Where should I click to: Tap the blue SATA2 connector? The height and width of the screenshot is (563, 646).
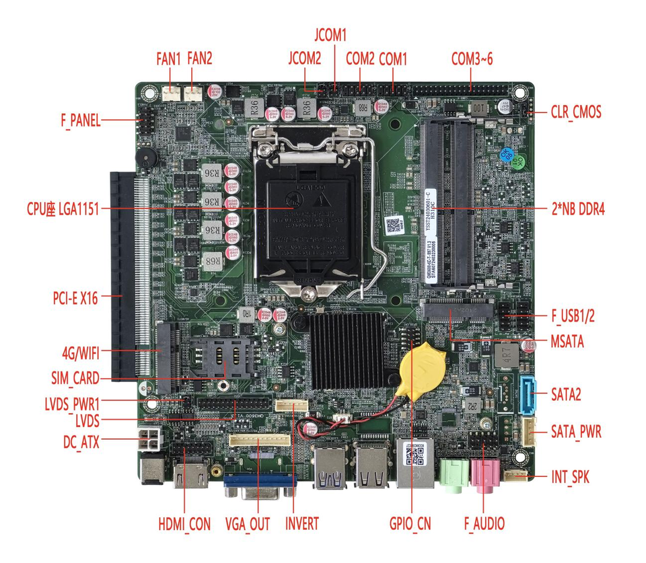[528, 395]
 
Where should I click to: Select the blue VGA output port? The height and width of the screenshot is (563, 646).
[260, 486]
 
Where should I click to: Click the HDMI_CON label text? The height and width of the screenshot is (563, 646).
[184, 524]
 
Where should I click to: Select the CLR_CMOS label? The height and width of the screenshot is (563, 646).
[576, 112]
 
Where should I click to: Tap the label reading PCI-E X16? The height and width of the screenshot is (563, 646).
[75, 298]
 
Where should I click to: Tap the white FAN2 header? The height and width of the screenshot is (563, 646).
[193, 93]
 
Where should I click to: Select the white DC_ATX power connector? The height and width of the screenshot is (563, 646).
[150, 439]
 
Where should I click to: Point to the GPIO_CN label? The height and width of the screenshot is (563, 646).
[410, 524]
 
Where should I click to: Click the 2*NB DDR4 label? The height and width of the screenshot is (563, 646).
[578, 209]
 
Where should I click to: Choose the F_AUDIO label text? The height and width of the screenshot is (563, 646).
[485, 524]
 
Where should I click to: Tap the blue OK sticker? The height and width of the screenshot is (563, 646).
[506, 155]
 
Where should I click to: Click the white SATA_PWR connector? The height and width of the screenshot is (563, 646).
[530, 432]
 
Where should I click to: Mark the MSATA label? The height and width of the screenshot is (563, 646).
[567, 342]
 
